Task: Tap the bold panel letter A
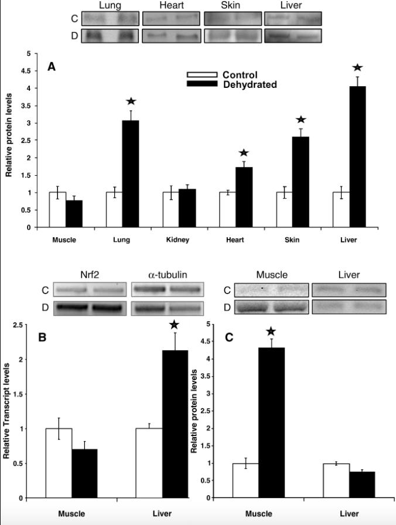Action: [52, 67]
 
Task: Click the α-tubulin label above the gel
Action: [166, 275]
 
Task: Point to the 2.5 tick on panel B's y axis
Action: [23, 325]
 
